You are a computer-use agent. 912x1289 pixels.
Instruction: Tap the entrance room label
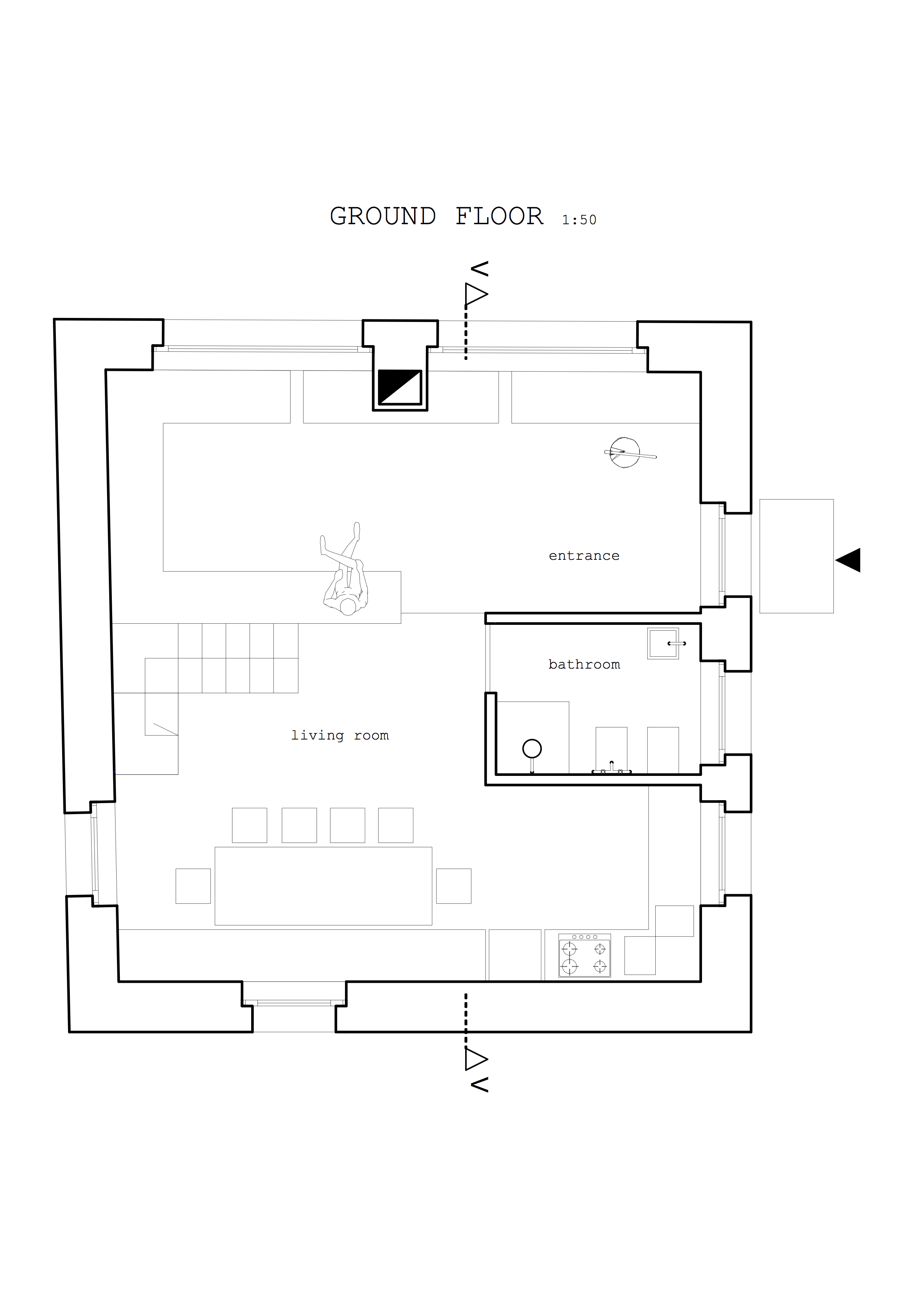tap(584, 555)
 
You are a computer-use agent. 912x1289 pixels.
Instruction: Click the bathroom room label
tap(584, 664)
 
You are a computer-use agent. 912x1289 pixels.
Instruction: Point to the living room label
tap(340, 735)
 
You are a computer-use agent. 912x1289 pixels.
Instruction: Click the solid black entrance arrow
tap(848, 560)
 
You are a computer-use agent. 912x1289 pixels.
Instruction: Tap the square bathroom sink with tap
tap(663, 643)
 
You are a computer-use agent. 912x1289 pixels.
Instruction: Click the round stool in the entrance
tap(625, 452)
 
